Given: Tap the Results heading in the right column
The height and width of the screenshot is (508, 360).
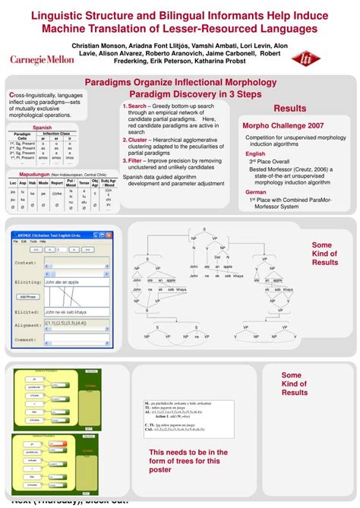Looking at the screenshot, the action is [x=290, y=109].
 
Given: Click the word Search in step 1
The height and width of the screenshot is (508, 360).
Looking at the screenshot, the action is [x=137, y=106].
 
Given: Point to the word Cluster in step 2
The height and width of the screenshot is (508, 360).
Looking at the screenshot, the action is [x=137, y=140].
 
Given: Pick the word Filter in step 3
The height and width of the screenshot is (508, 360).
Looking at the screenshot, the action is [x=135, y=161].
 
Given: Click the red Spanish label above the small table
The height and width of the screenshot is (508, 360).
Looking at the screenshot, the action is [x=42, y=128].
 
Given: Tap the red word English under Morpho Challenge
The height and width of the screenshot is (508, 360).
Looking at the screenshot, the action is [x=255, y=153].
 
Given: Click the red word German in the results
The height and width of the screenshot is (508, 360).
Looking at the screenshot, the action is [x=256, y=192].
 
